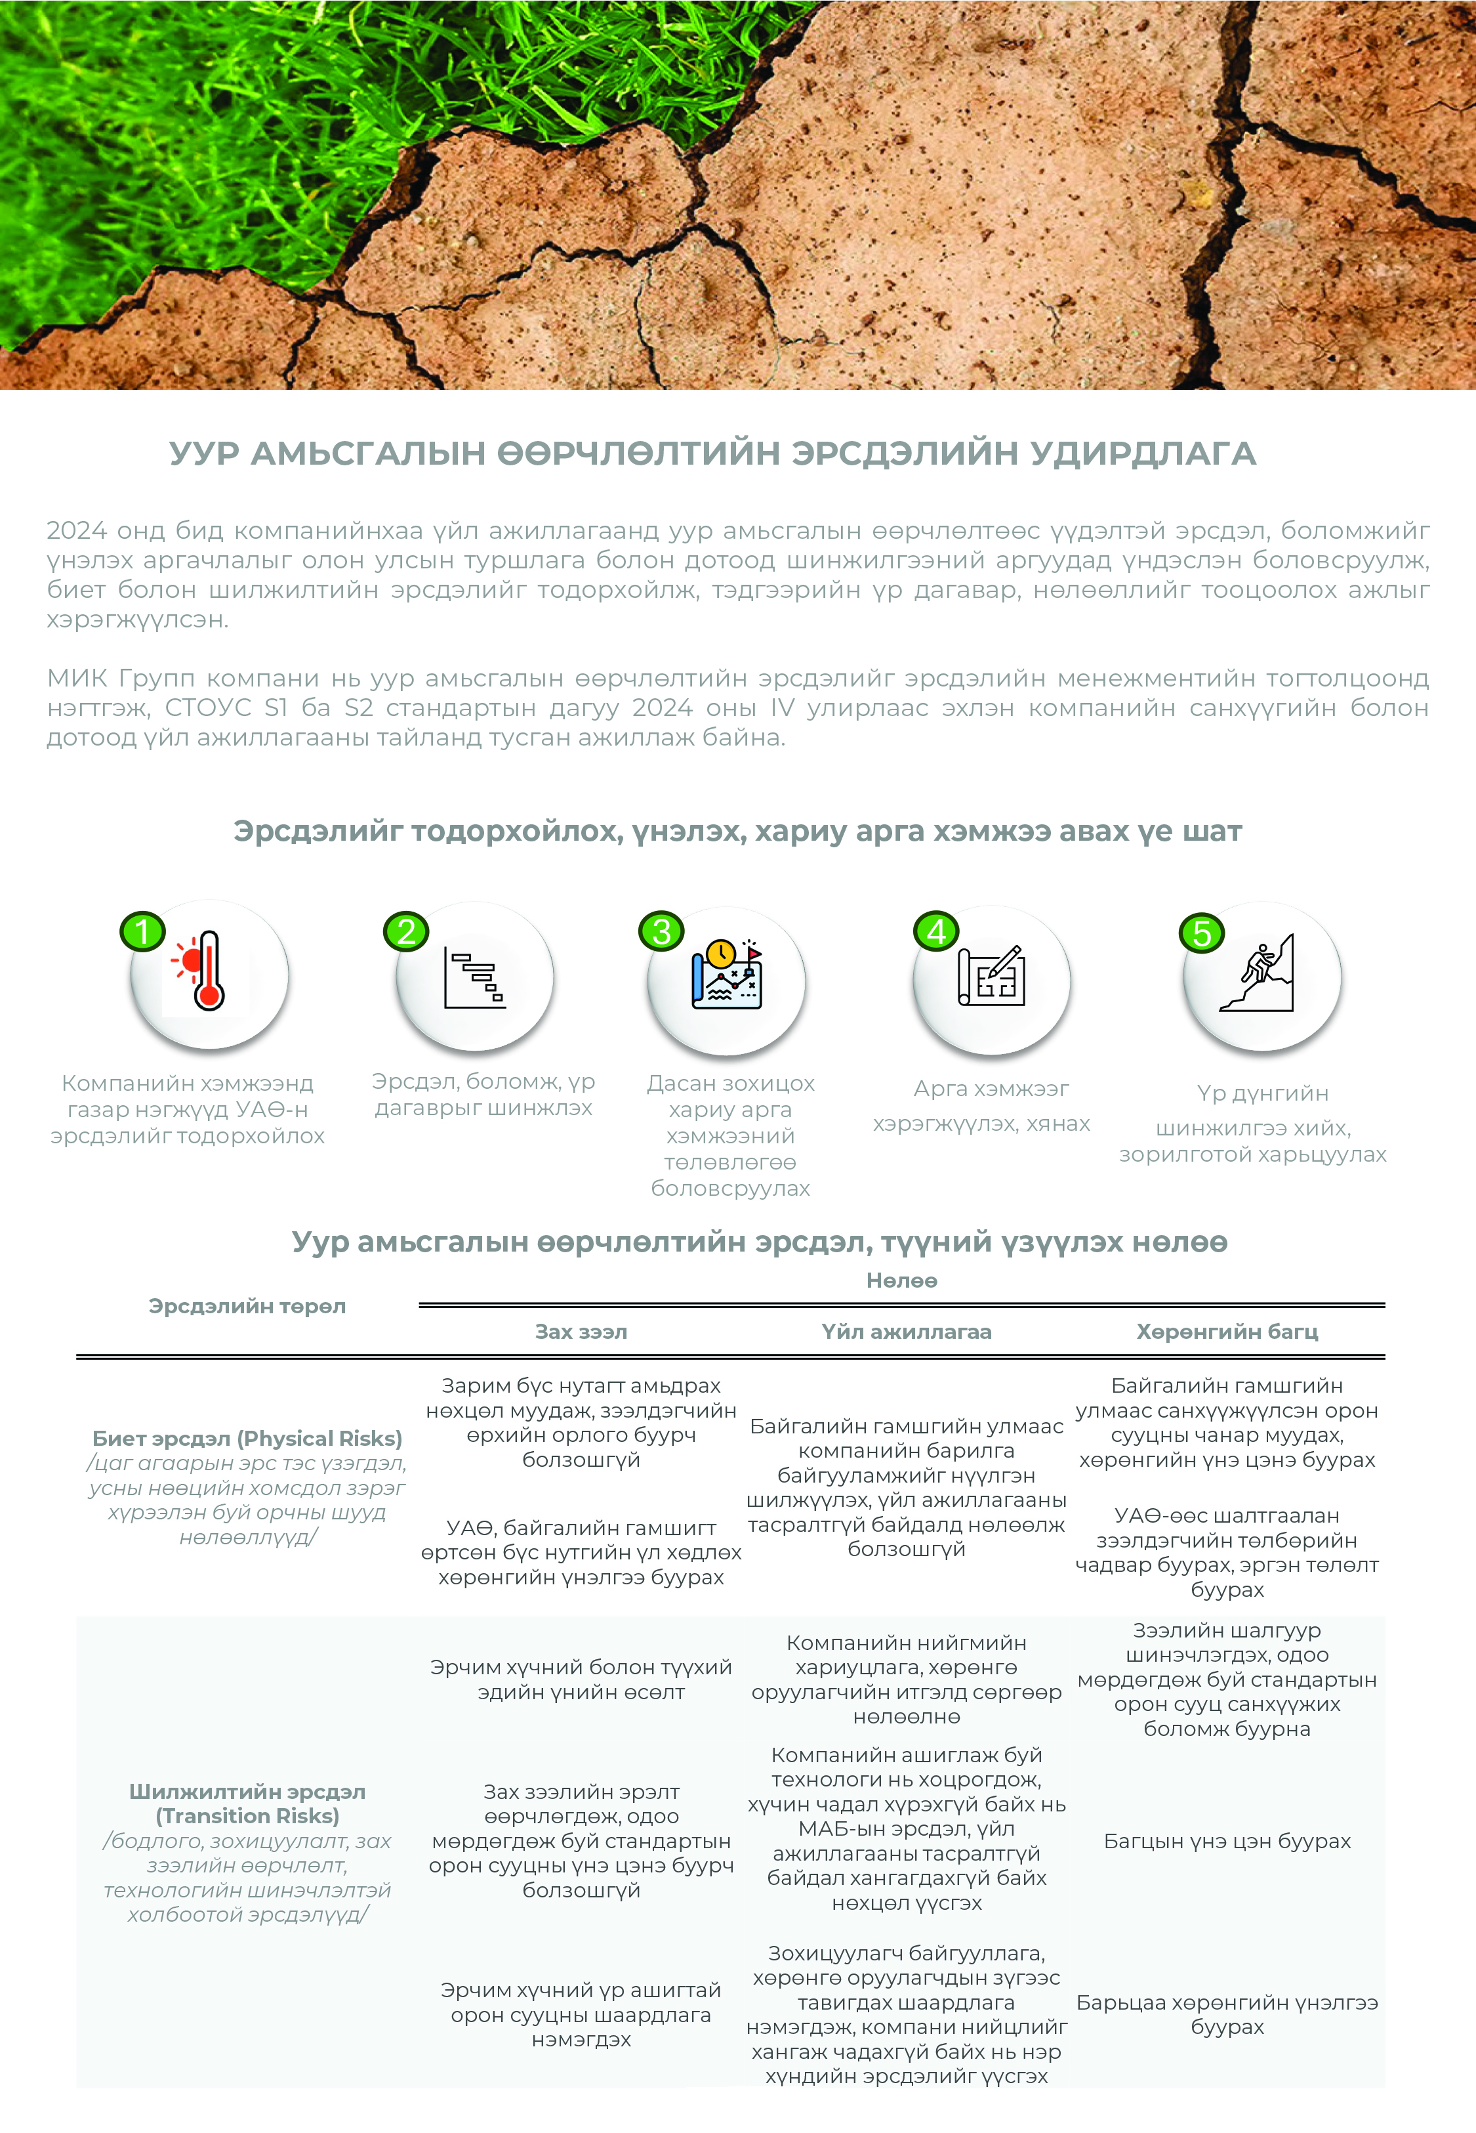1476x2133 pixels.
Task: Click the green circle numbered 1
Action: point(142,931)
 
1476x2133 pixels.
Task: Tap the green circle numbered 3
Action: point(661,931)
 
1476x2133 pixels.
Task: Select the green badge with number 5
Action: point(1201,933)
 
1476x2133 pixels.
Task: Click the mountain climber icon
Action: point(1260,974)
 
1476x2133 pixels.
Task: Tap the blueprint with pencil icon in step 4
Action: point(991,976)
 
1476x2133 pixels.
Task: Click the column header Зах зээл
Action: point(581,1332)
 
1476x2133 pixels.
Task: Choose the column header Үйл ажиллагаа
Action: point(907,1332)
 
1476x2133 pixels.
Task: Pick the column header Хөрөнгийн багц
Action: point(1227,1332)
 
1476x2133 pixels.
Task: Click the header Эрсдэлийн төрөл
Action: point(247,1306)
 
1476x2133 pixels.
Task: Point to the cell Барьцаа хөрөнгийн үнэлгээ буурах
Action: point(1227,2014)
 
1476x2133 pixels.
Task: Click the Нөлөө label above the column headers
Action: point(902,1281)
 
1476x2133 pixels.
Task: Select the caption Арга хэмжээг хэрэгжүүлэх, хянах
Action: point(982,1107)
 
